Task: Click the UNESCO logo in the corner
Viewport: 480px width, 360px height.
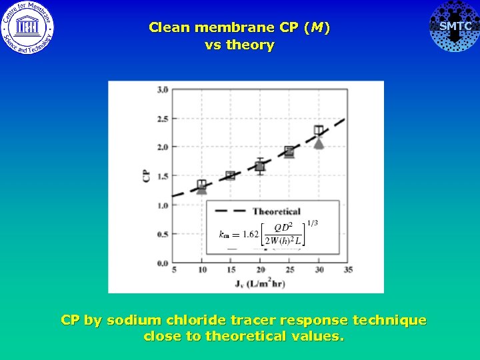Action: (27, 27)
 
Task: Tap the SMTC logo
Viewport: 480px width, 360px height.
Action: (455, 27)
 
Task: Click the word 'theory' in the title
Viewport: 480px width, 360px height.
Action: (250, 45)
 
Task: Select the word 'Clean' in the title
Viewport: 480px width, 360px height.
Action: (169, 27)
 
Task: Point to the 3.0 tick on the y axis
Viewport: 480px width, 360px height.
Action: (162, 90)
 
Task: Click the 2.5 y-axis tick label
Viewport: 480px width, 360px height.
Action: (162, 119)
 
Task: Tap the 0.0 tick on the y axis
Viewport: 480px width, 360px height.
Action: (162, 263)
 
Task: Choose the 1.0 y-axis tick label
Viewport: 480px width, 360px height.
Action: (162, 205)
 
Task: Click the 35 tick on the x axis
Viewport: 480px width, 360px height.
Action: (348, 270)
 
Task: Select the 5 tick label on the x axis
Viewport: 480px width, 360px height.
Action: (174, 270)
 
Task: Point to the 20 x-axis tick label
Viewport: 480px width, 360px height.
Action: (261, 270)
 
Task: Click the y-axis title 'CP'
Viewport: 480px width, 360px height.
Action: (146, 176)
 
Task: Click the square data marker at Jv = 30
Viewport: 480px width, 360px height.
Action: (319, 131)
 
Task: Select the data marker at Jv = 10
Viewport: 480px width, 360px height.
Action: (202, 185)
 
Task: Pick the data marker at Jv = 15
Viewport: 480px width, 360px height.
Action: (231, 175)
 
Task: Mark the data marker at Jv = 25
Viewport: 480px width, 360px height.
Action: (289, 151)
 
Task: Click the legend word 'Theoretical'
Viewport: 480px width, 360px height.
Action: (276, 211)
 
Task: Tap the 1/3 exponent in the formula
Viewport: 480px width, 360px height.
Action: (311, 222)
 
